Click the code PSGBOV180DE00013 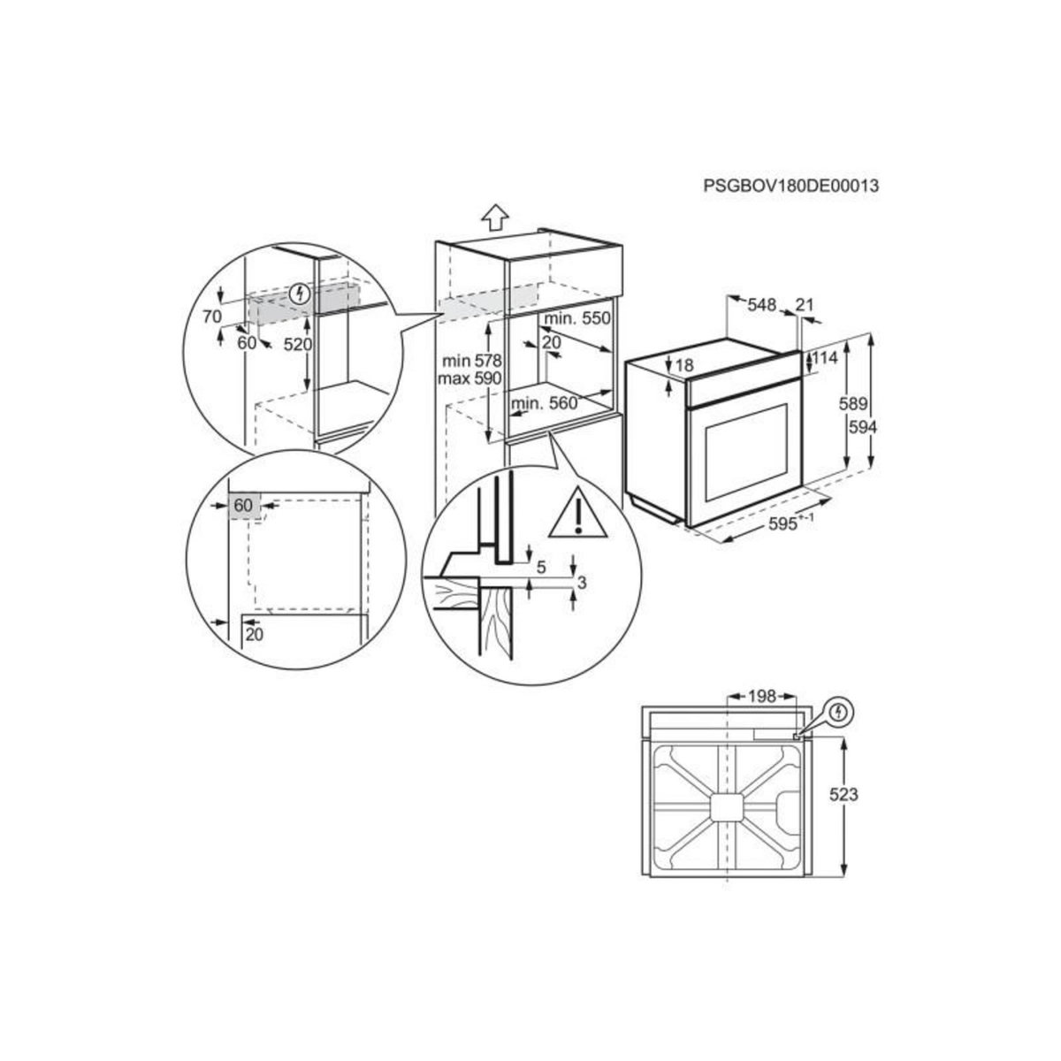[791, 187]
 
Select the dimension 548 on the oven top [760, 306]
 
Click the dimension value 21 [804, 306]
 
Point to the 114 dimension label [824, 358]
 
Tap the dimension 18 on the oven [683, 364]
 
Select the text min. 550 [577, 319]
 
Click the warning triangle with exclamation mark [578, 514]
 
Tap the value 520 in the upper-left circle [298, 345]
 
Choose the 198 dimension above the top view [759, 698]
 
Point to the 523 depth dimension [844, 795]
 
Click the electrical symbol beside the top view [840, 710]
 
